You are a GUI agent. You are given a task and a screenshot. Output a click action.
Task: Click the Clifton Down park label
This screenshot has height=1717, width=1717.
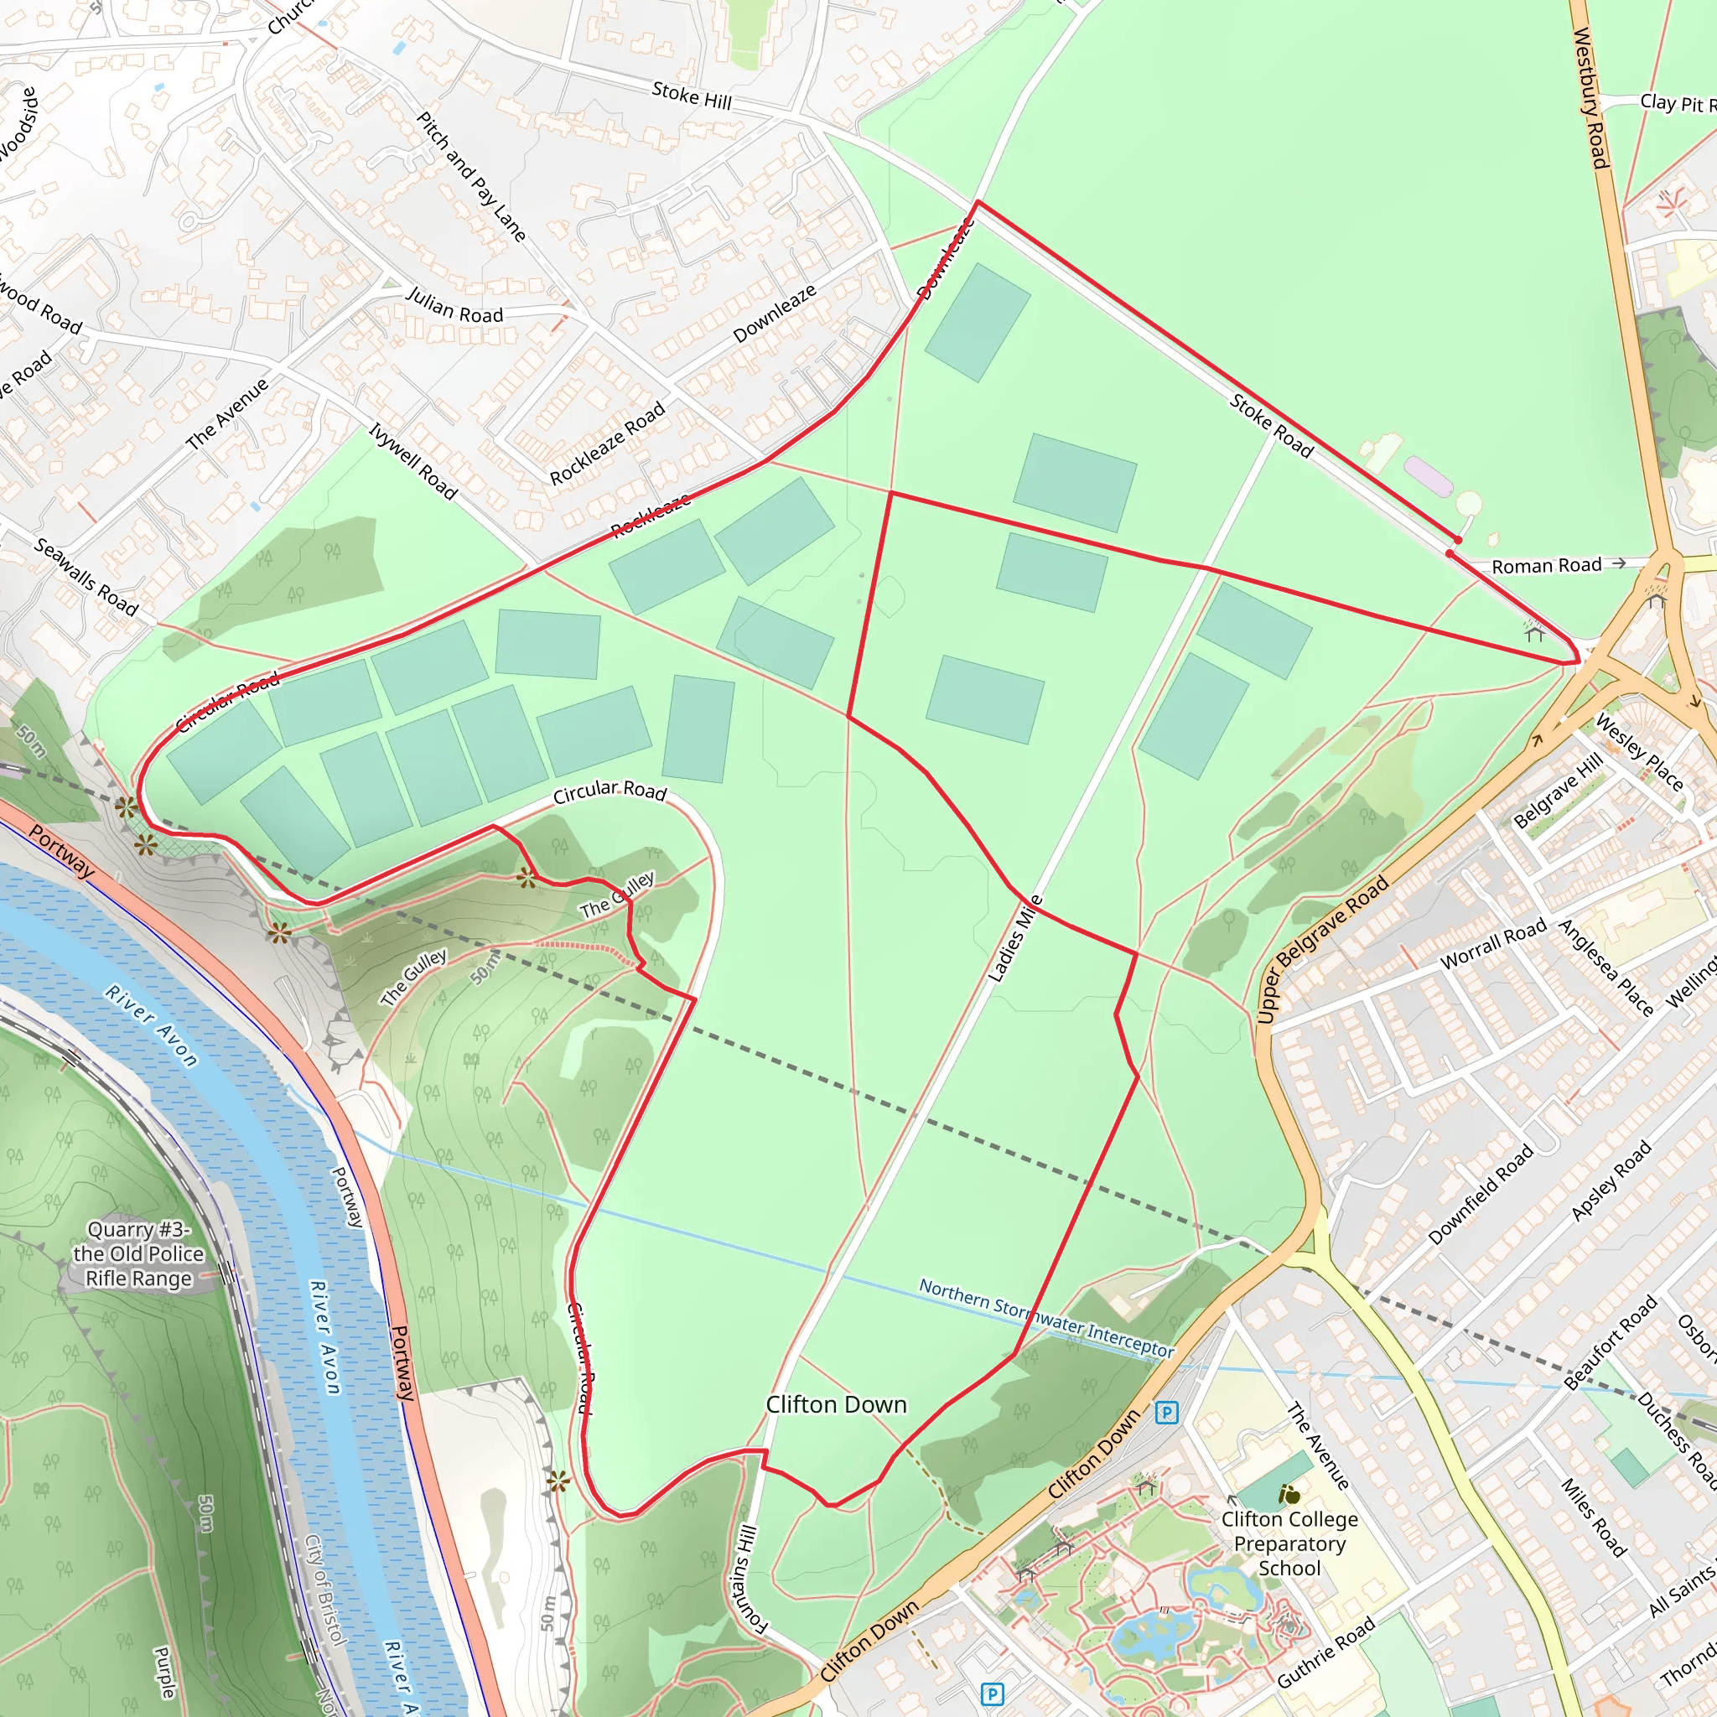click(836, 1405)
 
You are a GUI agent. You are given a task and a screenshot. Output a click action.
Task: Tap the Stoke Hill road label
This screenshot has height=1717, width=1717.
click(692, 95)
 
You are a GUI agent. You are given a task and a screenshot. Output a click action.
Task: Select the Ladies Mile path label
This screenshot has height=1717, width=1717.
click(1014, 938)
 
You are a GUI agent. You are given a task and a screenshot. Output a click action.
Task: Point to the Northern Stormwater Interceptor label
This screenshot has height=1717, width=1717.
click(1046, 1318)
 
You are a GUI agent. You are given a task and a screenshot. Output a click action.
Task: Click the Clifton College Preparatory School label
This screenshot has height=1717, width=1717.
click(1289, 1543)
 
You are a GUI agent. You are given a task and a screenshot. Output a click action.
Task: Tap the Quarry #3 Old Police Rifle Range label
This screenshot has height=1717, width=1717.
click(138, 1254)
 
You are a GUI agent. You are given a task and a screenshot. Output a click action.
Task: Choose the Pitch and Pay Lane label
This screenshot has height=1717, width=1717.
click(472, 176)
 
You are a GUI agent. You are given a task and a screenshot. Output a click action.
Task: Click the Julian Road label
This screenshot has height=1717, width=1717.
click(454, 306)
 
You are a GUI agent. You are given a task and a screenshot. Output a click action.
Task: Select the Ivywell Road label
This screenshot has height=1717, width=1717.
click(413, 461)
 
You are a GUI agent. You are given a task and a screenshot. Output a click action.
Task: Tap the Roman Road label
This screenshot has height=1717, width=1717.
click(1546, 565)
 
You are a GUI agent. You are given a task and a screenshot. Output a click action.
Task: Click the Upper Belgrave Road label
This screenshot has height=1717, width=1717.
click(1322, 948)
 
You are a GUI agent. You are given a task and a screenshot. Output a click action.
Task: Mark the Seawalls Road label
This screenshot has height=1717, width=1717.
click(86, 577)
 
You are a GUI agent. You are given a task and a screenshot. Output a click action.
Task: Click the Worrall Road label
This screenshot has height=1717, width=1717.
click(1493, 945)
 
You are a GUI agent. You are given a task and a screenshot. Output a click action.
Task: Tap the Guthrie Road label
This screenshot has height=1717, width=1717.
click(1326, 1652)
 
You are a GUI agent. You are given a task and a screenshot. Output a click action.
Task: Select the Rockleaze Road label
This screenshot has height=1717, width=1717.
click(607, 444)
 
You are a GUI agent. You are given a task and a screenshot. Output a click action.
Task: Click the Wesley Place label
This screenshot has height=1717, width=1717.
click(1639, 752)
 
